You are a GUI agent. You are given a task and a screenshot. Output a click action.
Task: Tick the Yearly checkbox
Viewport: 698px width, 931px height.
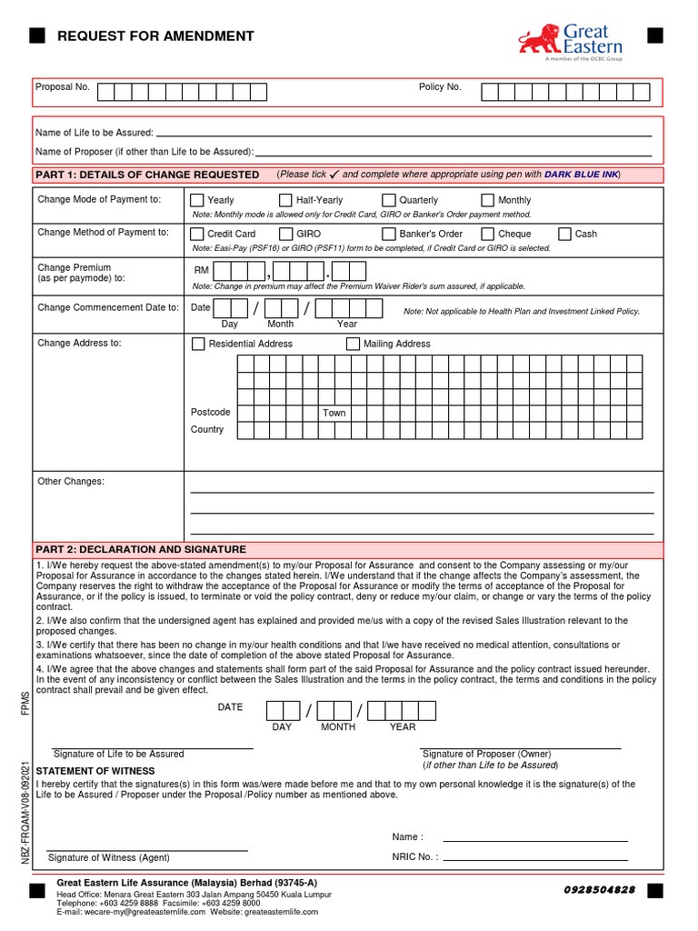click(197, 200)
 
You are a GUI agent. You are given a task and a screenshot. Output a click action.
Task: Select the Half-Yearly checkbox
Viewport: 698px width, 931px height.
click(286, 200)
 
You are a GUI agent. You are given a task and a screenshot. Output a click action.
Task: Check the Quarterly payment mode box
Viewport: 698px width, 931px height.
click(389, 200)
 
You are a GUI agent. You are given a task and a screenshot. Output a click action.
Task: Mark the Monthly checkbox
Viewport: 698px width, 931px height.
click(488, 200)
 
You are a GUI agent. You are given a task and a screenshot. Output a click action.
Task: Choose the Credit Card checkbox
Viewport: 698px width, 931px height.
click(197, 234)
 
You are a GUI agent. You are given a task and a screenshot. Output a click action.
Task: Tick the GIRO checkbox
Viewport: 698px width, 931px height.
click(286, 234)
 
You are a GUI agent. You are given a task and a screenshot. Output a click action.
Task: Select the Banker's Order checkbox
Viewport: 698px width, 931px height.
click(389, 234)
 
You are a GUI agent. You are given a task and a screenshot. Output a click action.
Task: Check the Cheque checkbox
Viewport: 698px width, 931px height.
click(488, 234)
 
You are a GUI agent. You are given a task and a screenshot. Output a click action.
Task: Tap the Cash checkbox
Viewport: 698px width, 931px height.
click(564, 234)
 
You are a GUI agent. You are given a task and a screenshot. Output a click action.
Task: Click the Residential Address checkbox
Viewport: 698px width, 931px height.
click(198, 344)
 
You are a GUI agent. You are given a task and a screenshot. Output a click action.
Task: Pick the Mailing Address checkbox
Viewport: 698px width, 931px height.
click(353, 344)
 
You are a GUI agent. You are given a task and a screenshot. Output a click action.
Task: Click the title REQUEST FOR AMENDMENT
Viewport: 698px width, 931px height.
click(155, 36)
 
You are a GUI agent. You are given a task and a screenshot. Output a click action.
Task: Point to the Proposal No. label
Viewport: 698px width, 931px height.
click(62, 87)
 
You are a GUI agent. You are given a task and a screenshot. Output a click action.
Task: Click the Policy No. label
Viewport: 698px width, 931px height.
click(440, 87)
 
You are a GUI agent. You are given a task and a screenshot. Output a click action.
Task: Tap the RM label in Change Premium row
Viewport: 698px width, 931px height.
click(202, 271)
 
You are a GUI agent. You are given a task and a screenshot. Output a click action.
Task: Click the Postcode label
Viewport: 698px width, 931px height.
click(210, 412)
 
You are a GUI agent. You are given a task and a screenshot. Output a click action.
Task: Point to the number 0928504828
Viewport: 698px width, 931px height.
click(600, 889)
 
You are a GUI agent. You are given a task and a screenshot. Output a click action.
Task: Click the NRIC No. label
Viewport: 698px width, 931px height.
click(414, 856)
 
